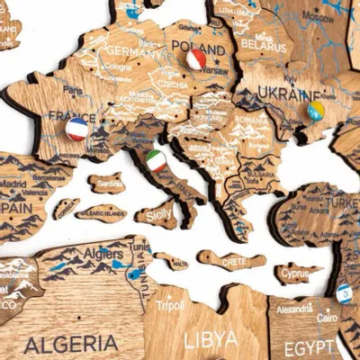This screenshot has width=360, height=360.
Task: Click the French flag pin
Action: click(77, 129)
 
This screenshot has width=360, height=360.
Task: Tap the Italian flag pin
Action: click(157, 161)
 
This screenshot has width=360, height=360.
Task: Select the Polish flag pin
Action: click(196, 60)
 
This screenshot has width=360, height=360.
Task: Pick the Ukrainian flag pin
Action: click(316, 111)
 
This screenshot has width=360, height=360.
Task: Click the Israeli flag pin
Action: click(344, 292)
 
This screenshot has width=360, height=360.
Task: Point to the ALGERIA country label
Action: click(71, 343)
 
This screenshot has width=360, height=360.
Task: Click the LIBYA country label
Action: click(211, 339)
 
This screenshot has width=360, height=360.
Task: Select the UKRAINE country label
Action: click(289, 94)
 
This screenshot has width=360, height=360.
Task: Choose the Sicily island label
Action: click(157, 215)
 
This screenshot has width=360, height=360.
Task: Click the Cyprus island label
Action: click(295, 273)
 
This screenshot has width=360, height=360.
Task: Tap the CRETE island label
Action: click(232, 261)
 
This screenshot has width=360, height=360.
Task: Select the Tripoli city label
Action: click(170, 304)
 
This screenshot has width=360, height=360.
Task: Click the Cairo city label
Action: click(327, 317)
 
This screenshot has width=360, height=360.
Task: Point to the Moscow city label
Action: click(318, 17)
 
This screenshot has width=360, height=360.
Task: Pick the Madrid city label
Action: click(13, 183)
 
